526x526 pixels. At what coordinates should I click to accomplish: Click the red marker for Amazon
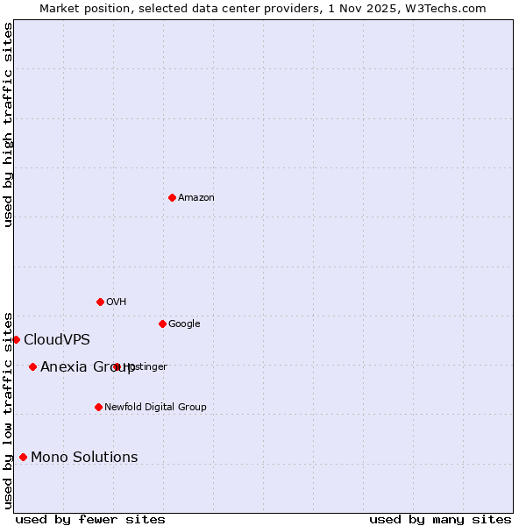172,197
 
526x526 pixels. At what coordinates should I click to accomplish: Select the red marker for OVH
100,302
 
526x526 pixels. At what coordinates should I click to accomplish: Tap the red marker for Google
162,323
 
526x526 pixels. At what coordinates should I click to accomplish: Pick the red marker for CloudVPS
16,339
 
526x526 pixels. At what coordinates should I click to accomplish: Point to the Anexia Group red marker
32,366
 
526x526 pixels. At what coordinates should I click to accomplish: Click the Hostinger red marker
116,366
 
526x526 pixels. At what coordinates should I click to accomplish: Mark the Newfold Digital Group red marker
98,407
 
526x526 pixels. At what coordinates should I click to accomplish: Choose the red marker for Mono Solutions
23,457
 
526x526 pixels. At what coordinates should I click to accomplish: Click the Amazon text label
196,198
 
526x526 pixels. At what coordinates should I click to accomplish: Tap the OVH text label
117,302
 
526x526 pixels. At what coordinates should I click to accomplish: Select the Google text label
184,324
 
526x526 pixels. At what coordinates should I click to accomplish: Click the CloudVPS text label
57,340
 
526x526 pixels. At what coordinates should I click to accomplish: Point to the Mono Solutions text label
84,458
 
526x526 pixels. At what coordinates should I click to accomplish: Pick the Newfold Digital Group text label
155,408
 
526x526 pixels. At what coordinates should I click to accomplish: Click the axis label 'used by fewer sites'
90,519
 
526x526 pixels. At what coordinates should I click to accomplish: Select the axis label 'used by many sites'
440,519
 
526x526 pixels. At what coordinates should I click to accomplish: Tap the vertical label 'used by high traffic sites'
8,124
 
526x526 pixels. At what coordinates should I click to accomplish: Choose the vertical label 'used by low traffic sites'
8,409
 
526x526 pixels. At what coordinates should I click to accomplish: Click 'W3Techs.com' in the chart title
451,8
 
